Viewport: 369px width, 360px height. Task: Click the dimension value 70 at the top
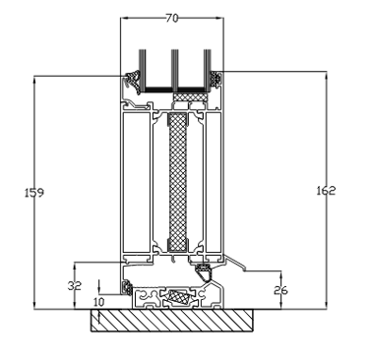point(172,18)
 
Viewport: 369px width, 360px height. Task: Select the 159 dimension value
point(34,193)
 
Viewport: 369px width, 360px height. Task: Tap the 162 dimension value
point(326,191)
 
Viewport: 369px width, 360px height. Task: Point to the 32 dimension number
point(75,286)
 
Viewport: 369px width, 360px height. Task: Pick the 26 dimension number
point(280,290)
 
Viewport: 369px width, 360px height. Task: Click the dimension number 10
point(98,302)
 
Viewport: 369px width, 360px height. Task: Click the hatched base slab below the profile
point(172,321)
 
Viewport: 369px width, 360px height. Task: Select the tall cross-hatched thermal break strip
point(178,182)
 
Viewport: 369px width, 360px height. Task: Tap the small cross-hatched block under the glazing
point(191,97)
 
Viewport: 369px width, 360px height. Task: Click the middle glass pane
point(174,71)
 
